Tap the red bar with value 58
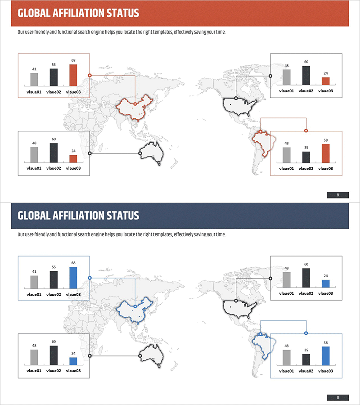pyautogui.click(x=325, y=153)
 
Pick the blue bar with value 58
pyautogui.click(x=325, y=356)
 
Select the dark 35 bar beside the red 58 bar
pyautogui.click(x=306, y=157)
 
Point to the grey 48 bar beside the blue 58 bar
pyautogui.click(x=287, y=357)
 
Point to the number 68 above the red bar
pyautogui.click(x=73, y=60)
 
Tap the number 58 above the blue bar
pyautogui.click(x=325, y=342)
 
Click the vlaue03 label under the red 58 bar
pyautogui.click(x=325, y=168)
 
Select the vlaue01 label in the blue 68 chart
pyautogui.click(x=34, y=295)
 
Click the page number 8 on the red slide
pyautogui.click(x=337, y=195)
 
